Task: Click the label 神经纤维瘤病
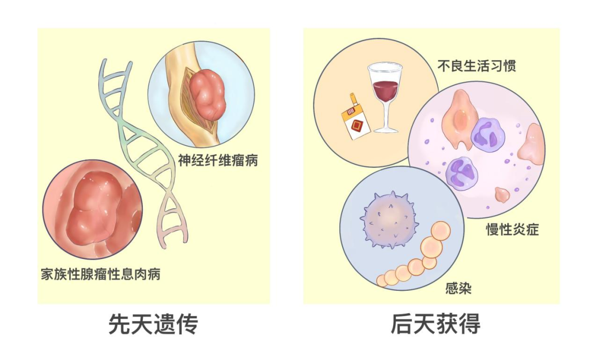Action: (x=218, y=160)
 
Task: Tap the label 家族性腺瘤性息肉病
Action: (x=100, y=274)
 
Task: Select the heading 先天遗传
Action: (x=153, y=324)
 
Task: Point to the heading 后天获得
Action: (x=435, y=324)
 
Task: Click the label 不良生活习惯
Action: (x=477, y=65)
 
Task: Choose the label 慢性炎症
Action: (x=512, y=229)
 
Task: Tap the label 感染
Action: (x=458, y=289)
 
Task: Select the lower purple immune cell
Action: (x=461, y=173)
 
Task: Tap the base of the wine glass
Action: (x=386, y=130)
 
